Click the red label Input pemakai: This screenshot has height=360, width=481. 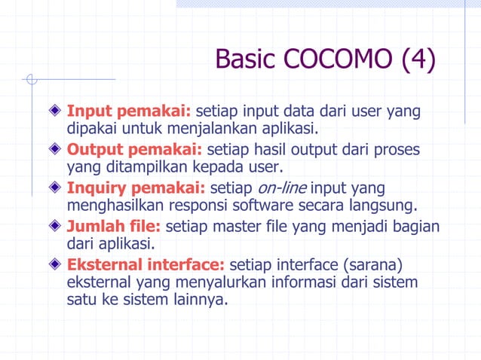coord(129,112)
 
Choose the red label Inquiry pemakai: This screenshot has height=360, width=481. coord(136,188)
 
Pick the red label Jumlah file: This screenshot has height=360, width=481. coord(114,225)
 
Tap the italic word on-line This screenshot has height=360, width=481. coord(275,188)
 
